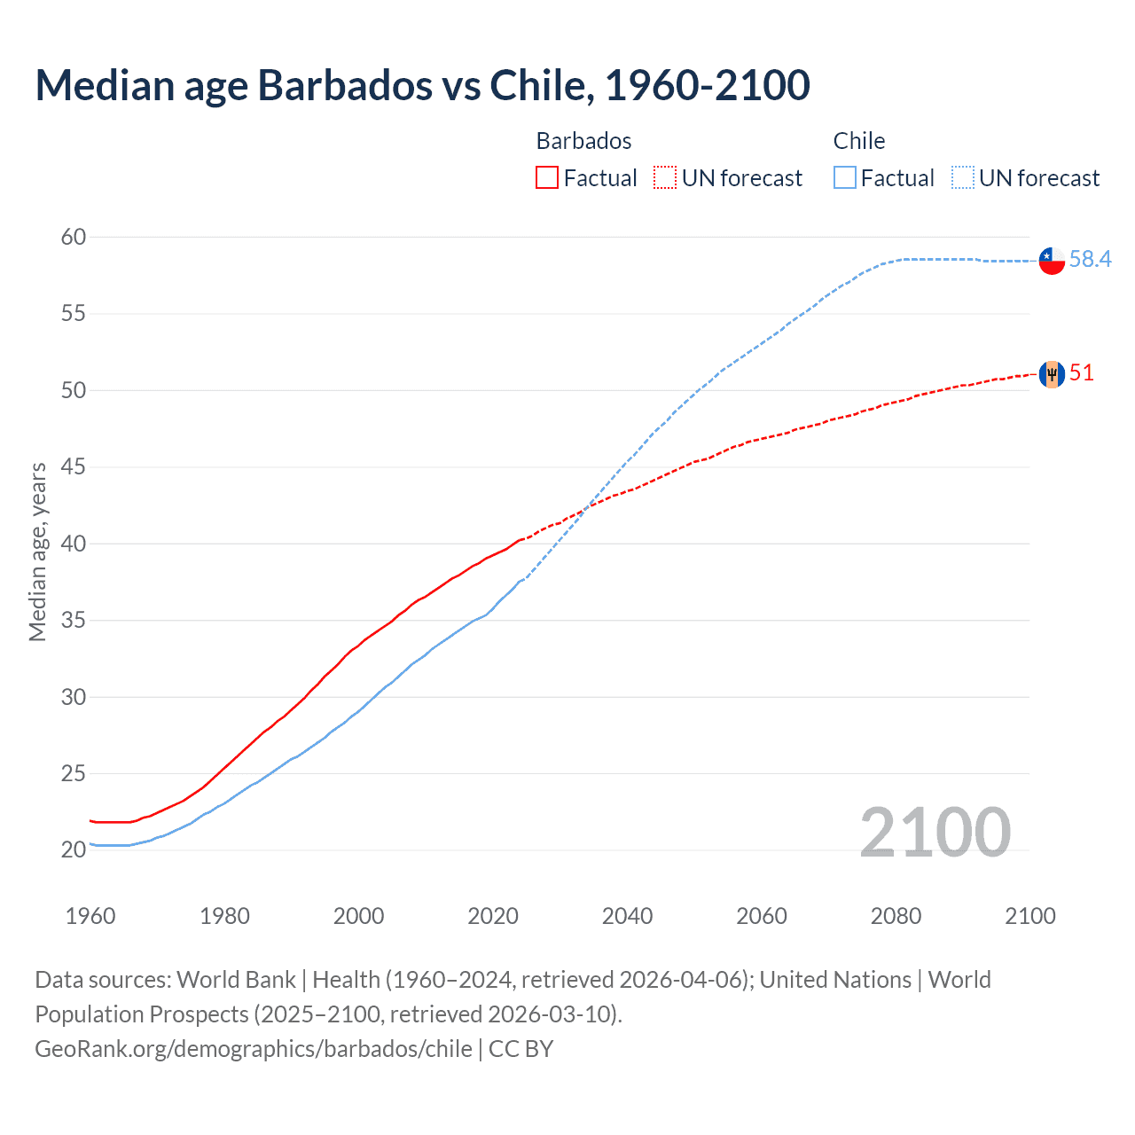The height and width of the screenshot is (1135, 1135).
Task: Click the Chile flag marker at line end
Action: coord(1052,261)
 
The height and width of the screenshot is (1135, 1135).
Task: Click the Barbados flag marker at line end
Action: coord(1052,374)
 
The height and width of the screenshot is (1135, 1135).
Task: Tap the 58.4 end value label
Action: coord(1090,259)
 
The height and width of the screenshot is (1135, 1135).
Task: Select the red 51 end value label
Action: coord(1082,372)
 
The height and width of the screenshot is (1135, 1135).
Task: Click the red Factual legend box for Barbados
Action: coord(547,178)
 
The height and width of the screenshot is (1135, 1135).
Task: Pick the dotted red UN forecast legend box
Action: coord(665,178)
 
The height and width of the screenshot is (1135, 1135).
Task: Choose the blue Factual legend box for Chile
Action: coord(845,178)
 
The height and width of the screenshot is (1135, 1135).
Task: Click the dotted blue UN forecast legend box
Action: coord(963,178)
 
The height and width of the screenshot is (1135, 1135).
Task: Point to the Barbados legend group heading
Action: coord(583,141)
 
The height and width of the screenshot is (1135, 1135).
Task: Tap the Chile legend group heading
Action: coord(858,141)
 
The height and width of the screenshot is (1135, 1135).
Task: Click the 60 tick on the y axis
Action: coord(74,237)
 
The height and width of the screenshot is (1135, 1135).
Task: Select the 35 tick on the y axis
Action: coord(74,620)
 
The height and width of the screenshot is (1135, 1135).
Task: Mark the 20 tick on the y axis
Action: coord(74,849)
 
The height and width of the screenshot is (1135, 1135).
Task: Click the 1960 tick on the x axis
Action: coord(90,916)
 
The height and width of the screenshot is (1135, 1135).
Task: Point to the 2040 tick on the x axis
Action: coord(627,916)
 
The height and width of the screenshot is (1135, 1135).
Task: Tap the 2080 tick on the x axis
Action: coord(896,916)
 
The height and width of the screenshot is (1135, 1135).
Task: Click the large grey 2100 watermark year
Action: coord(935,832)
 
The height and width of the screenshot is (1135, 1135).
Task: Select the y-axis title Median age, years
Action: coord(37,552)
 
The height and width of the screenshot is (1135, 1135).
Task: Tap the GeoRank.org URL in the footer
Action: coord(254,1049)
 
